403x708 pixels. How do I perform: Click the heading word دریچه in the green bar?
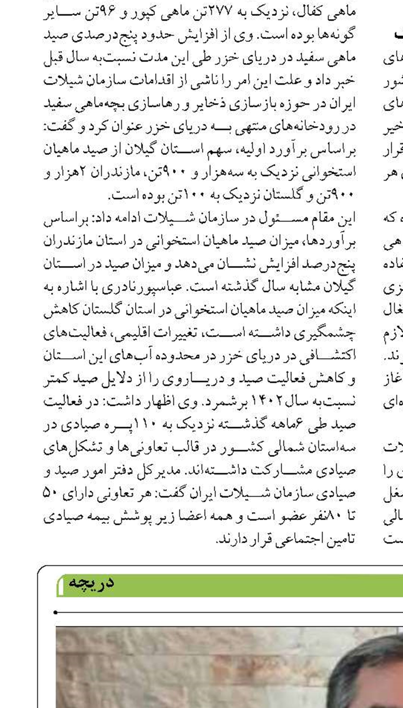click(x=91, y=582)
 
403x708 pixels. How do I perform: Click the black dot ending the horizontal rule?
click(x=55, y=613)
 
